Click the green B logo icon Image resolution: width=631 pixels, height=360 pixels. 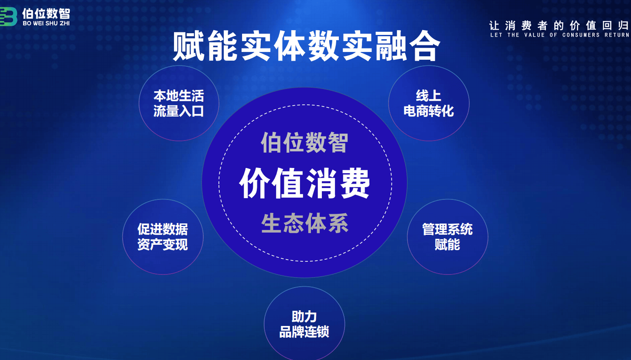coord(8,17)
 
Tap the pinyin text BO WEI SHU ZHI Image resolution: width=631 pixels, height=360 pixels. coord(46,24)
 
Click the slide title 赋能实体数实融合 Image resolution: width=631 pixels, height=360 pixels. coord(307,46)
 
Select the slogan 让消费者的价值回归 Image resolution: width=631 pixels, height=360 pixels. coord(559,26)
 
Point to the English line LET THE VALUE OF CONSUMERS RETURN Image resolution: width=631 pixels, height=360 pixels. coord(560,35)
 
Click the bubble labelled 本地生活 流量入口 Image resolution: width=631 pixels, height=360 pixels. coord(179,103)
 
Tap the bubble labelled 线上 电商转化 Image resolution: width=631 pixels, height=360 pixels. coord(429,103)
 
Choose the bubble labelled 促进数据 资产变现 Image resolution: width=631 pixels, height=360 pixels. coord(163,237)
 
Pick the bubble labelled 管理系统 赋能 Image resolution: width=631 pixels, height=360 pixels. coord(447,237)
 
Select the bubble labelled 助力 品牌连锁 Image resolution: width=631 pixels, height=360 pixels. coord(304,323)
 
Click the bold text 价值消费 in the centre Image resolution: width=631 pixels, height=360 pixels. coord(304,183)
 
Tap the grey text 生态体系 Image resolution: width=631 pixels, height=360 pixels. coord(305,223)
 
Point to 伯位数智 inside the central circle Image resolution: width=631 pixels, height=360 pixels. coord(304,143)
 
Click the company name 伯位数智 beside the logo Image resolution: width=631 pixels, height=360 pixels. coord(46,13)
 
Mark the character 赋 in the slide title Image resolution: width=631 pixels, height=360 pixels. coord(188,46)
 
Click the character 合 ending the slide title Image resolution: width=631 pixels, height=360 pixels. coord(425,46)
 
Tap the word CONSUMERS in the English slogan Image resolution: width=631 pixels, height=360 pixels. coord(581,35)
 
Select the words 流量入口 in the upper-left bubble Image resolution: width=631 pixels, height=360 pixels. coord(179,111)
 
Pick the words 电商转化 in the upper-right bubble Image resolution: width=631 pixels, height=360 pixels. coord(429,111)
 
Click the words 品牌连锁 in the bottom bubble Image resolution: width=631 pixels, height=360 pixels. coord(304,332)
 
